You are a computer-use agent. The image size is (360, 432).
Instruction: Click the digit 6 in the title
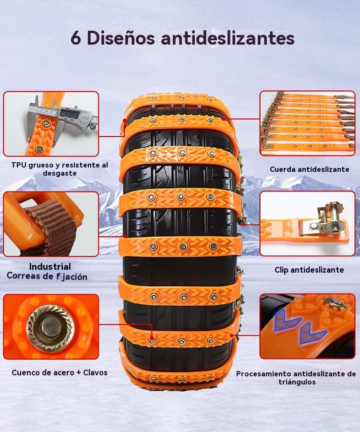point(76,38)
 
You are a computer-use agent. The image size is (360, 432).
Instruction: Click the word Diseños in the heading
point(121,38)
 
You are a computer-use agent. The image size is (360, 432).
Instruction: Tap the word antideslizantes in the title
point(228,38)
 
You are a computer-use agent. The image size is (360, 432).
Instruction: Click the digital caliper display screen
point(67,113)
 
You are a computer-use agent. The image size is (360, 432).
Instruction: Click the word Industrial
point(50,266)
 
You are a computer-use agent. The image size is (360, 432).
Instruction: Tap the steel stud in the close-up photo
point(50,327)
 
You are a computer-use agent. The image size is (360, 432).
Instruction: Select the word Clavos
point(96,372)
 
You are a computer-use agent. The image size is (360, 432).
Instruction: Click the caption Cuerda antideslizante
point(309,169)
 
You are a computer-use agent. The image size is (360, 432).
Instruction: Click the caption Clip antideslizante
point(309,270)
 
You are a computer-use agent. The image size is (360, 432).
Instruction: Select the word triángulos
point(297,382)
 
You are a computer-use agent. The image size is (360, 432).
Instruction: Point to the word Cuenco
point(24,372)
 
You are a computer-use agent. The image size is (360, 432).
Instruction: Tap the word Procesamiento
point(264,374)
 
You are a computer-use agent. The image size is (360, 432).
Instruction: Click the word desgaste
point(60,174)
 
